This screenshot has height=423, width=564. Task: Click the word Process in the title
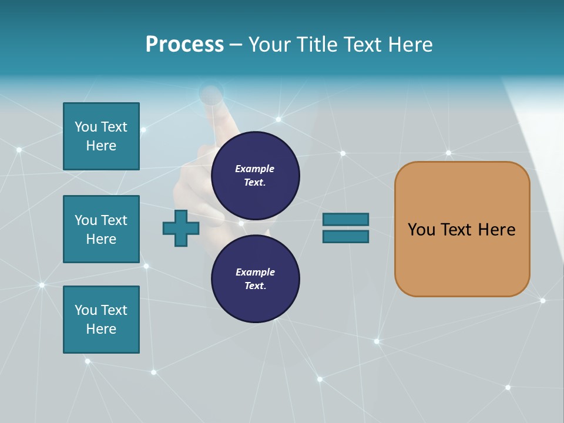(184, 45)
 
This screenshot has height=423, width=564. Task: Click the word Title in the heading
(316, 45)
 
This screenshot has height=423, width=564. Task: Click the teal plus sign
(181, 229)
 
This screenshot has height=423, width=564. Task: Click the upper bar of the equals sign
(345, 219)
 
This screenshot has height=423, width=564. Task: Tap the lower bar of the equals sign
(345, 237)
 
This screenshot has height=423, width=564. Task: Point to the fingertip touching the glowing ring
(212, 98)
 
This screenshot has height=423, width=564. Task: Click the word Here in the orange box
(496, 230)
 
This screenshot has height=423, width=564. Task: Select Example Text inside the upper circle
(255, 176)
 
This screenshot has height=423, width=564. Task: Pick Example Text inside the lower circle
(255, 279)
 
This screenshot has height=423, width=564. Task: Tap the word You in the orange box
(421, 230)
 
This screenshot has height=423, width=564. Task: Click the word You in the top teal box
(86, 127)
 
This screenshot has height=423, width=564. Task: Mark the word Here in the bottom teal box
(101, 329)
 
